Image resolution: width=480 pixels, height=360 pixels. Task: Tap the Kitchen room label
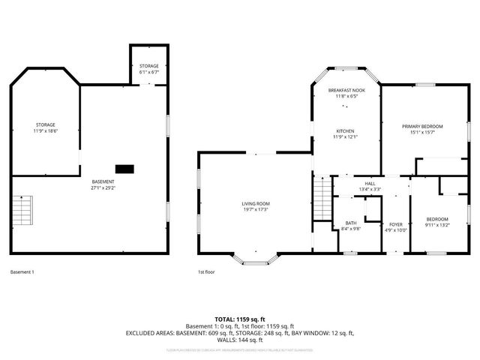click(x=345, y=130)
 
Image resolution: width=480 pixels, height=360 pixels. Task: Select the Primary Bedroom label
click(x=422, y=126)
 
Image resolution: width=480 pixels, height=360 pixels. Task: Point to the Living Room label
click(x=255, y=203)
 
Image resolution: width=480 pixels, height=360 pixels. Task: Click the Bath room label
click(x=351, y=223)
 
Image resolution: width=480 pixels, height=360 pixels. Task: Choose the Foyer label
click(x=395, y=224)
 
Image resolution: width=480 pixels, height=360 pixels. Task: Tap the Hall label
click(x=370, y=183)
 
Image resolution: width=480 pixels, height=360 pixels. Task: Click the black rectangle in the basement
click(x=124, y=168)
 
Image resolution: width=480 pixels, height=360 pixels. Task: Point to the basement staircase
click(x=23, y=212)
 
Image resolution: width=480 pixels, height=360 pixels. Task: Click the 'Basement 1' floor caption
click(x=22, y=271)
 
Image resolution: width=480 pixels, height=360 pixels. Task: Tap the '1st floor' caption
click(x=206, y=271)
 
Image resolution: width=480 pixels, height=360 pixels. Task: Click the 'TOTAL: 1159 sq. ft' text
click(x=239, y=319)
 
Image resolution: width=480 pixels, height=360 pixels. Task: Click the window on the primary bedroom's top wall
click(x=425, y=84)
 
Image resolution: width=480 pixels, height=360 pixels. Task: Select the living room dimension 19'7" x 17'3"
click(x=255, y=210)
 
